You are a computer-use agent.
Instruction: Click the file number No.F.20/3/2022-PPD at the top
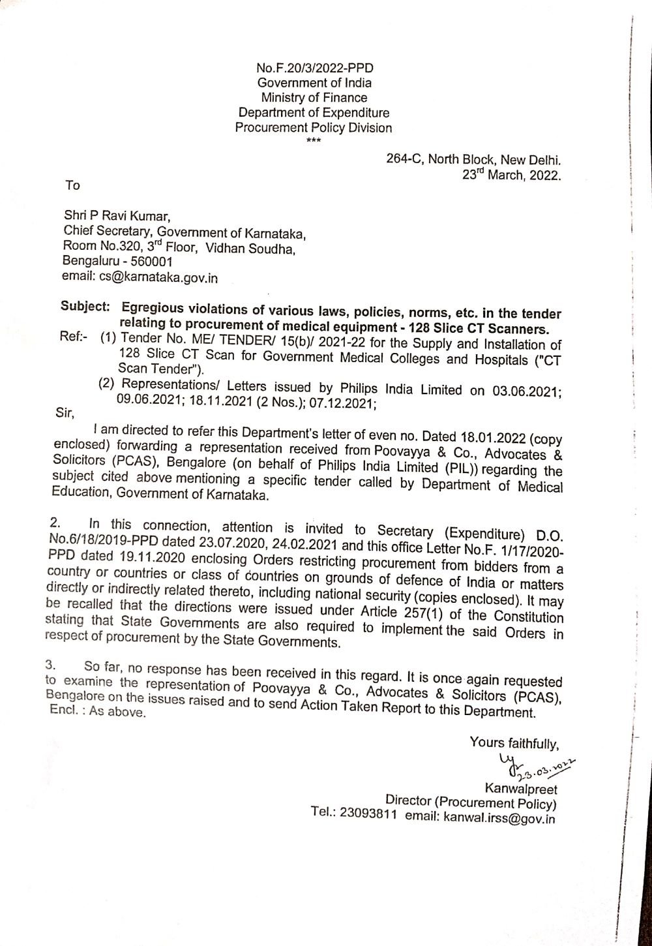pos(314,69)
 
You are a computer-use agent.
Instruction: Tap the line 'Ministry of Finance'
pos(314,98)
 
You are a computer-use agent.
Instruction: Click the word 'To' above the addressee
pos(72,186)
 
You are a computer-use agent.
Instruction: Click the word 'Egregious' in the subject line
pos(156,307)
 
